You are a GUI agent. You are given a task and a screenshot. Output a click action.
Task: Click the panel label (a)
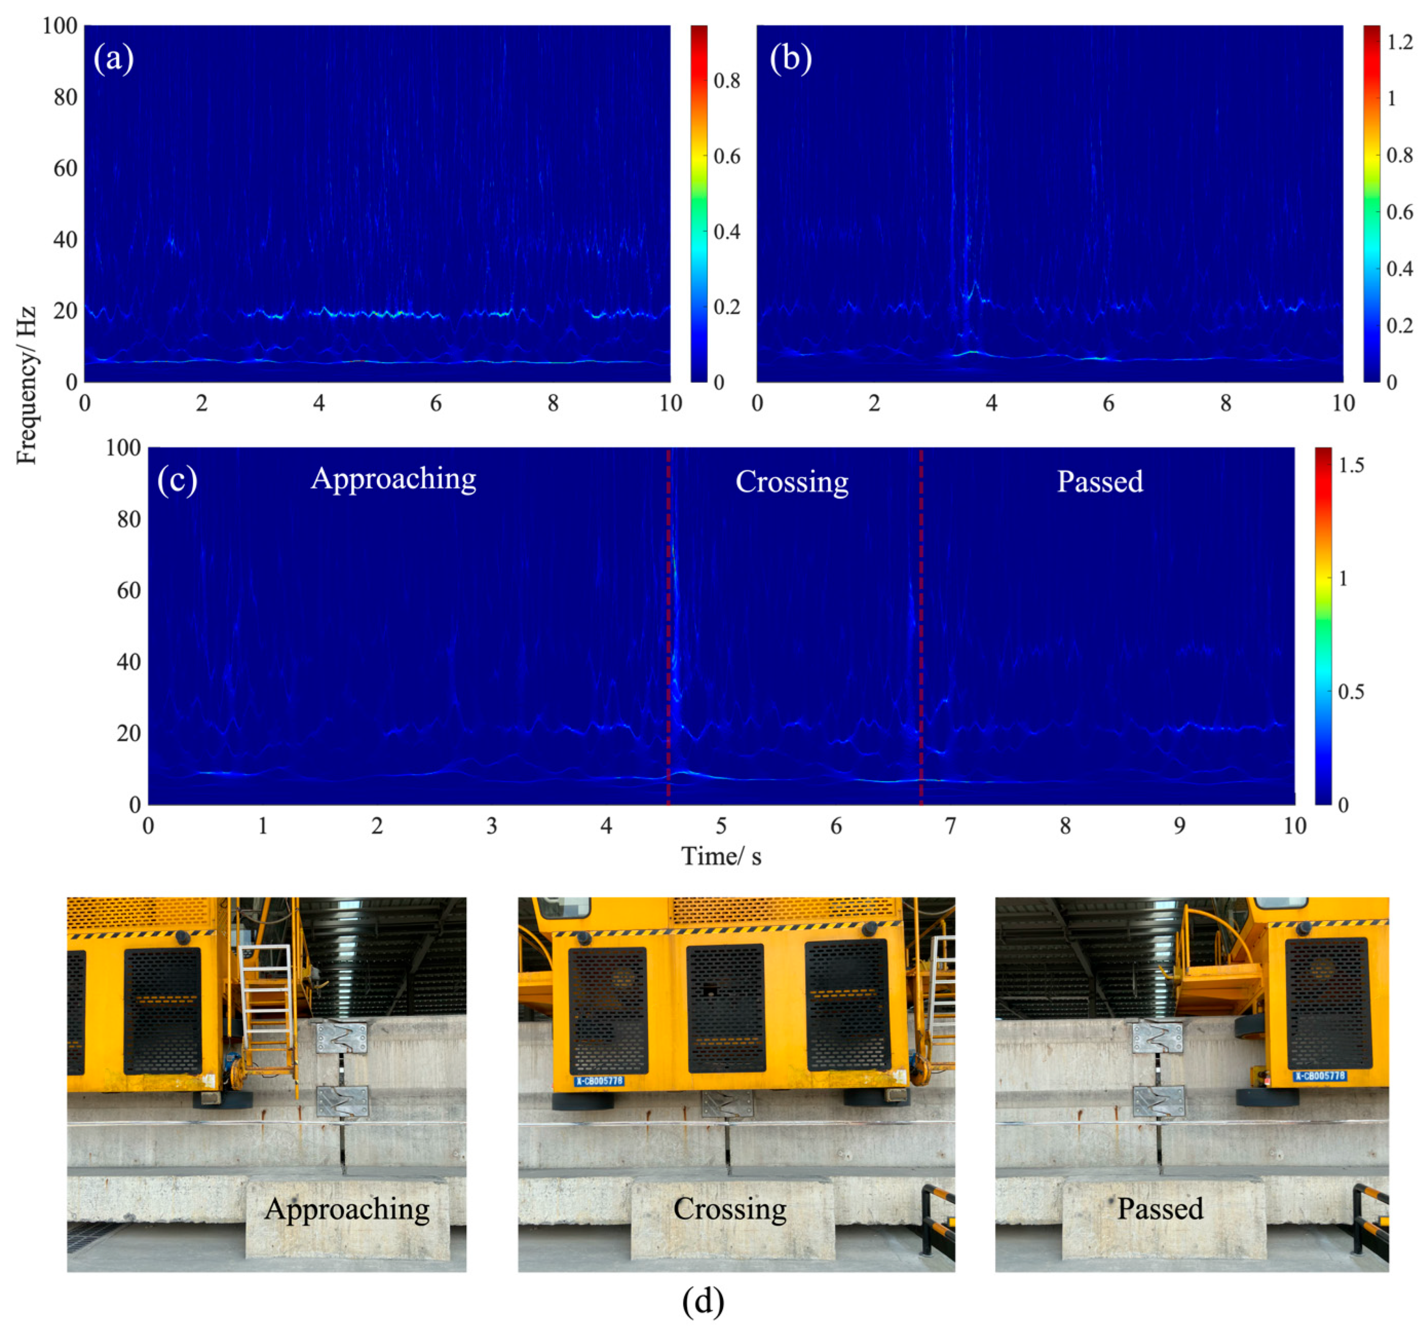tap(113, 58)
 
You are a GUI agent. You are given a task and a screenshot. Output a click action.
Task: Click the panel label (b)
tap(790, 58)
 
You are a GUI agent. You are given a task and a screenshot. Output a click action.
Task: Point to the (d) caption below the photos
tap(703, 1302)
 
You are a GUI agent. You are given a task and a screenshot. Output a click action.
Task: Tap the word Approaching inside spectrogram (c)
tap(393, 479)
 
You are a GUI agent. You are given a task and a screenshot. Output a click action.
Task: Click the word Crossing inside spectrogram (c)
tap(792, 482)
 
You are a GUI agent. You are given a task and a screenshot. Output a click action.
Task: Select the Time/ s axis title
tap(721, 857)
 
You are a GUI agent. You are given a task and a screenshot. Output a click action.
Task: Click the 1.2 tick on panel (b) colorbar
tap(1400, 42)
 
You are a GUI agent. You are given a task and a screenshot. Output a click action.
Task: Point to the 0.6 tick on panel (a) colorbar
tap(727, 156)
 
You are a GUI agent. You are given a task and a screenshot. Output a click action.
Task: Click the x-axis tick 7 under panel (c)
tap(950, 827)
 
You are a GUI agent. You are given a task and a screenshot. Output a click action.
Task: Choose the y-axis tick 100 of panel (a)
tap(60, 26)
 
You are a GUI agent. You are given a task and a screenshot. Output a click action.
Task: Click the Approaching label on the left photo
tap(347, 1209)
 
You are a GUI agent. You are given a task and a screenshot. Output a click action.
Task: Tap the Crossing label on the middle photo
tap(730, 1209)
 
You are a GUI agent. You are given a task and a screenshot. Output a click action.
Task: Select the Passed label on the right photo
tap(1160, 1209)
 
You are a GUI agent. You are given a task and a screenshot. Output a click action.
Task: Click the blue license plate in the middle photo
tap(599, 1081)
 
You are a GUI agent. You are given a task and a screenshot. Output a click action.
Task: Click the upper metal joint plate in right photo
tap(1158, 1037)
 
